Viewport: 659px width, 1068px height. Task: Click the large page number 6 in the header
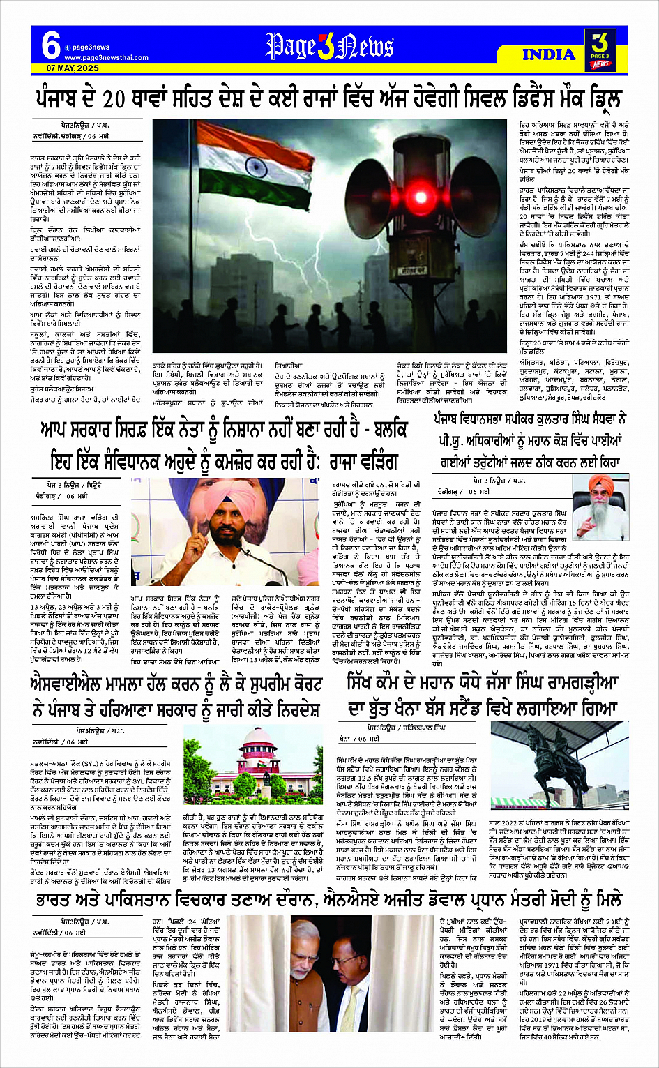coord(50,45)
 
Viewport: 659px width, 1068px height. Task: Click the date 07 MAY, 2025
coord(73,68)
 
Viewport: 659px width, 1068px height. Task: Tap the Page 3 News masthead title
coord(329,47)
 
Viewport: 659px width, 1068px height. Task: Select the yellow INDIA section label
coord(549,54)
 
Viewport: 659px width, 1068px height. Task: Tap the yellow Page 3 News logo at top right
coord(600,49)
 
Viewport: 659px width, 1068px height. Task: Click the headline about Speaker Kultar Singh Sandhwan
coord(528,441)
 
